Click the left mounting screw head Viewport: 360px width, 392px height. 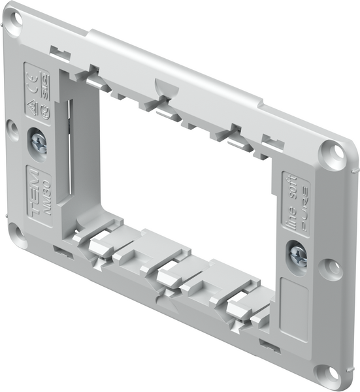(x=38, y=142)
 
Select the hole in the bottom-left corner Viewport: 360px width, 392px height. (x=17, y=235)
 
